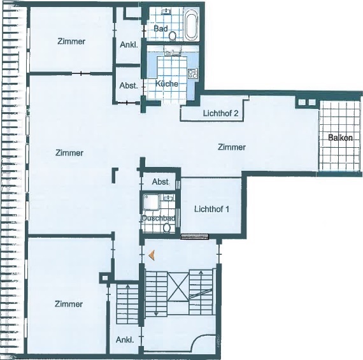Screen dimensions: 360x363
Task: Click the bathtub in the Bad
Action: [x=191, y=24]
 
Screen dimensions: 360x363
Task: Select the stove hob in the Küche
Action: [x=194, y=74]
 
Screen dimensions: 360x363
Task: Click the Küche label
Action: [x=166, y=83]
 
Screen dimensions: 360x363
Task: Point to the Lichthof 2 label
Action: [x=220, y=113]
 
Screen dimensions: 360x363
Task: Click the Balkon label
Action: [x=341, y=138]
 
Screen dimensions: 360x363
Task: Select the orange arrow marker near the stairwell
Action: [x=152, y=255]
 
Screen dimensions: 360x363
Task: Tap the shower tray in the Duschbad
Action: [x=152, y=203]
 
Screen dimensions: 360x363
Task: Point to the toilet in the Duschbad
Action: [x=167, y=226]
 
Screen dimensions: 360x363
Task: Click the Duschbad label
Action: [x=158, y=218]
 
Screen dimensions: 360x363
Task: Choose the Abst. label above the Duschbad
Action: [x=160, y=182]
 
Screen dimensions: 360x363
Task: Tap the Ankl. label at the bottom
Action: [x=124, y=340]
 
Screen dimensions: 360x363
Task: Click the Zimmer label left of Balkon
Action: [x=231, y=147]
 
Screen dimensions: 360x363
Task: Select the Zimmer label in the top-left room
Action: [x=71, y=41]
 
